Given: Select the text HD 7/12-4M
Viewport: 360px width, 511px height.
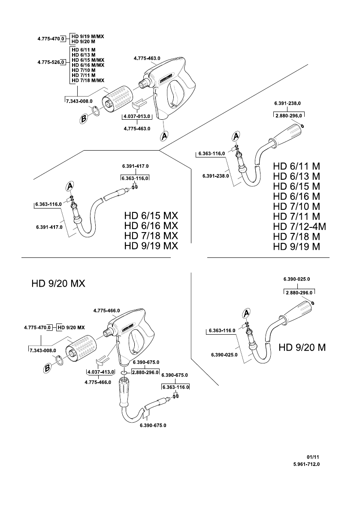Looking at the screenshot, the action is click(x=299, y=227).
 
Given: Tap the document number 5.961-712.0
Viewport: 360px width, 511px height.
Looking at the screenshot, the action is click(x=306, y=464).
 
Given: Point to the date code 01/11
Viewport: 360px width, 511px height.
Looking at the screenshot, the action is click(x=313, y=457).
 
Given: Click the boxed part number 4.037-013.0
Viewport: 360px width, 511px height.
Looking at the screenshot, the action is click(x=137, y=116).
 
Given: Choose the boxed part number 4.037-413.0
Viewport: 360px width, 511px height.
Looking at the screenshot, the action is click(x=101, y=372).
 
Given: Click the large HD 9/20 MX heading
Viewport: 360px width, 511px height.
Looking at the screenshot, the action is click(x=58, y=284).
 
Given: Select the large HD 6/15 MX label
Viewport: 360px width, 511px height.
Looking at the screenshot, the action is click(x=151, y=216).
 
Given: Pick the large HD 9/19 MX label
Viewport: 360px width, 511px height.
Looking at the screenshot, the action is click(x=151, y=246).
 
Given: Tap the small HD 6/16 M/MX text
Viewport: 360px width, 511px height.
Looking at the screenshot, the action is click(x=88, y=65).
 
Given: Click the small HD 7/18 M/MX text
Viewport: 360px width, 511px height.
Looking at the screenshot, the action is click(x=88, y=80).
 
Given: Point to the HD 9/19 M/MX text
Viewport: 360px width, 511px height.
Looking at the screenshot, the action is click(x=88, y=36).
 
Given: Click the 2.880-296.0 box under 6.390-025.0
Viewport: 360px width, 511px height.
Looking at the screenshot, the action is click(x=299, y=293).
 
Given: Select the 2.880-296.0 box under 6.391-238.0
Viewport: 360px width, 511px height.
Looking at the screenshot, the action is click(x=289, y=115).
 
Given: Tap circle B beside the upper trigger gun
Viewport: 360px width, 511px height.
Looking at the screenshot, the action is click(x=84, y=119).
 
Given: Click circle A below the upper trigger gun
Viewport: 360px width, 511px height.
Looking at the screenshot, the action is click(x=164, y=136).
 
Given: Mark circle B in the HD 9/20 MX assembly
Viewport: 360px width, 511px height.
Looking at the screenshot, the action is click(x=48, y=369).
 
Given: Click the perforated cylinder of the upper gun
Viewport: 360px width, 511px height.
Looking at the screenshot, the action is click(x=118, y=98).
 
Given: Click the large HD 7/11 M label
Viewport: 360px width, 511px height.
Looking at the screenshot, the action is click(x=296, y=216).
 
